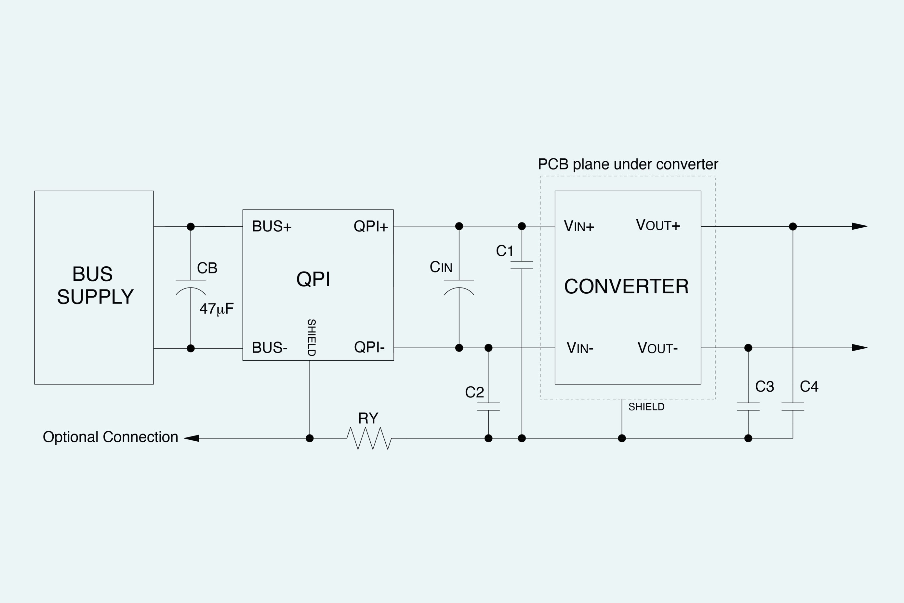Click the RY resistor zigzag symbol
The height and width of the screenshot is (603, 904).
tap(369, 438)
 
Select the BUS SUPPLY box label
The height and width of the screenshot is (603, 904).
tap(95, 285)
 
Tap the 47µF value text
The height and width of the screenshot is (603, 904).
tap(217, 309)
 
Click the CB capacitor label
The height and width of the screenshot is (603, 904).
tap(207, 268)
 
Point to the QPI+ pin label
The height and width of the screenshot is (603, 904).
tap(371, 226)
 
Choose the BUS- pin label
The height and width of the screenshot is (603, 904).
tap(270, 348)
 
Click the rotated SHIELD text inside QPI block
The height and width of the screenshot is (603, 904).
tap(312, 337)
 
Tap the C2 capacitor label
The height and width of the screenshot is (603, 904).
tap(474, 392)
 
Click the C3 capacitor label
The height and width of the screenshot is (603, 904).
tap(764, 386)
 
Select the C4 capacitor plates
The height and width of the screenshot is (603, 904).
tap(792, 407)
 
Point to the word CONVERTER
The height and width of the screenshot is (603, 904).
tap(626, 287)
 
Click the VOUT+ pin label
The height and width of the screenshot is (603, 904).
tap(658, 225)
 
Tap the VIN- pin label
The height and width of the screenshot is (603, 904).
tap(580, 348)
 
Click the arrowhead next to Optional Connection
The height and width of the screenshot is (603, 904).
tap(192, 438)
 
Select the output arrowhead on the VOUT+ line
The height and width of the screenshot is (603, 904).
tap(859, 226)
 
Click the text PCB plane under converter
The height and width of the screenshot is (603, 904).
tap(628, 164)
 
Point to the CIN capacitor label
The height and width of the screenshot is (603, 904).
tap(441, 267)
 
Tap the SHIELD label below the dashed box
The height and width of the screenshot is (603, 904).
tap(646, 407)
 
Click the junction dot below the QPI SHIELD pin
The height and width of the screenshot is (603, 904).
tap(310, 438)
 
